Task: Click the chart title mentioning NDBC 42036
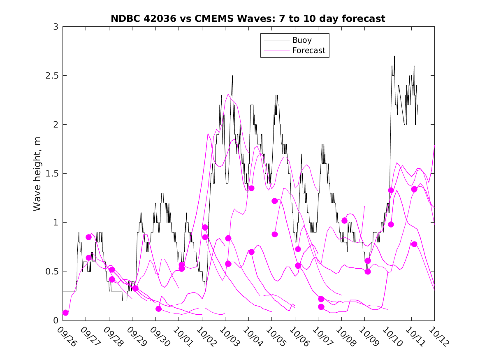tap(248, 19)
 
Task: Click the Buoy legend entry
tap(302, 40)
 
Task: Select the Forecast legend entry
tap(308, 51)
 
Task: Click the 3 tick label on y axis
tap(56, 27)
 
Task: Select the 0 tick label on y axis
tap(56, 321)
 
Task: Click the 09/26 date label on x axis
tap(66, 337)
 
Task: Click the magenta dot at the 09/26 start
tap(65, 313)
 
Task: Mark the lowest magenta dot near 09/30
tap(158, 309)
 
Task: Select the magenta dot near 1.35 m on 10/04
tap(251, 188)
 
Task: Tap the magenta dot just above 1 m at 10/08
tap(344, 221)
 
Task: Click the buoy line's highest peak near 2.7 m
tap(394, 56)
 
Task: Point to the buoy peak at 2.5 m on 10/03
tap(232, 76)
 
